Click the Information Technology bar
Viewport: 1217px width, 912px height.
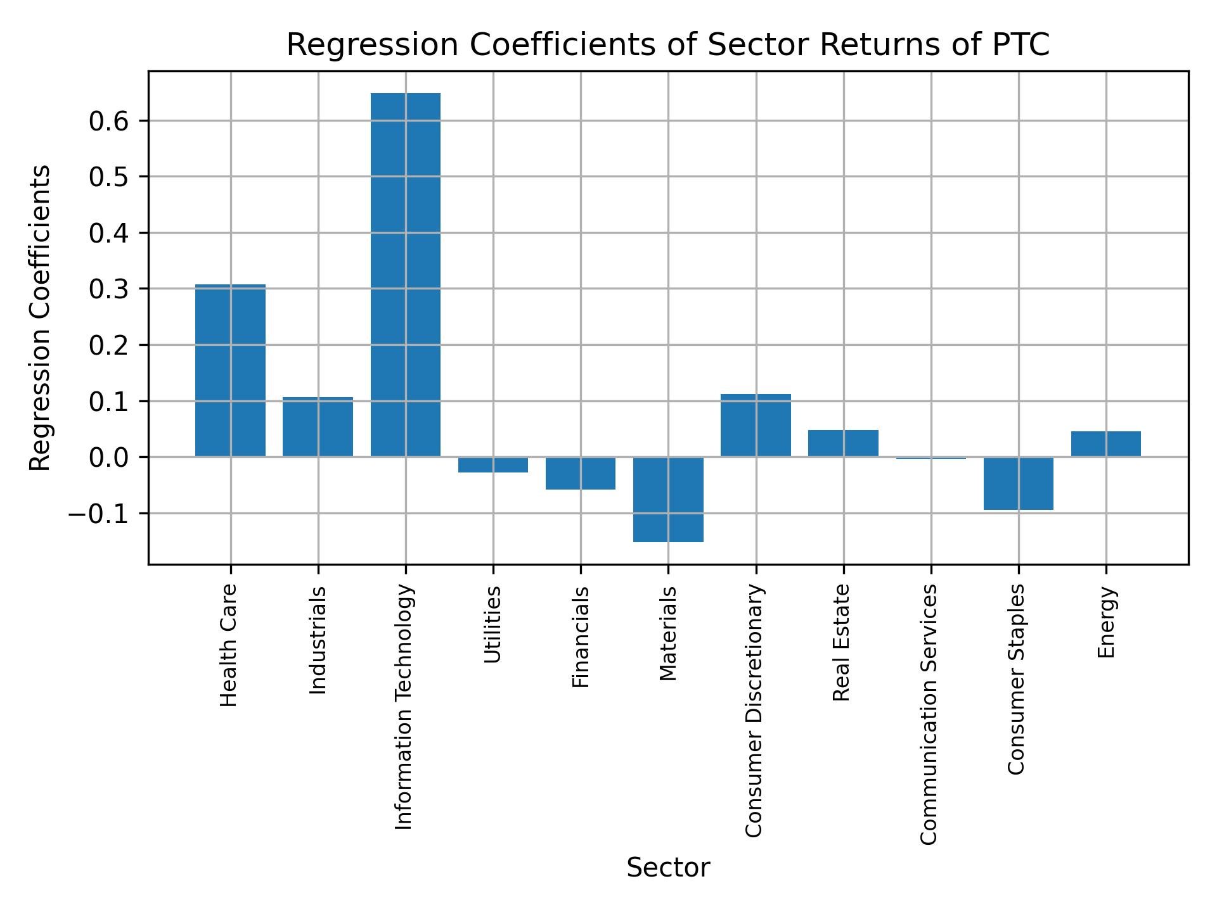(406, 275)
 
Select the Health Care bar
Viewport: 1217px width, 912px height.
(230, 370)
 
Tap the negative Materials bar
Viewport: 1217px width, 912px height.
(668, 499)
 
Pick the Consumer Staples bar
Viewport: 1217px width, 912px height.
(1018, 483)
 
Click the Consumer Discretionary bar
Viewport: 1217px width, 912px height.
(756, 425)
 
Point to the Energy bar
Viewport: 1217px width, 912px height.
(1105, 444)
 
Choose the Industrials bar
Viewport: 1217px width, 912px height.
(318, 427)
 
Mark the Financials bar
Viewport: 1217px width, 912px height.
(581, 473)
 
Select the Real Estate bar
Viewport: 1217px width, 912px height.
(843, 443)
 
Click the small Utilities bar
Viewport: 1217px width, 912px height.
(493, 465)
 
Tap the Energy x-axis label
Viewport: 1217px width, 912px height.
(1105, 623)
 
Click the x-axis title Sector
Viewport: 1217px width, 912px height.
(668, 868)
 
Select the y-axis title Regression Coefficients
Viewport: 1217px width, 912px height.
(41, 318)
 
